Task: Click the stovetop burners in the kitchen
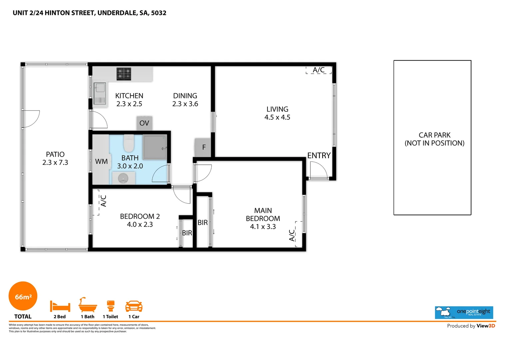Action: (x=124, y=74)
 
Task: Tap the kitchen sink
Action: (x=100, y=88)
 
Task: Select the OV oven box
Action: (x=144, y=123)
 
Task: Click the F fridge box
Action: (x=204, y=147)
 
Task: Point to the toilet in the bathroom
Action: (x=129, y=143)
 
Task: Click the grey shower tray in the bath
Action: (x=155, y=147)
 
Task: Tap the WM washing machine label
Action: (x=101, y=162)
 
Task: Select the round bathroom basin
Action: (x=123, y=179)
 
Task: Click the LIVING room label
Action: (x=277, y=109)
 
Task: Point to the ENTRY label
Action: (x=319, y=156)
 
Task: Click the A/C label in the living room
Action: (x=318, y=70)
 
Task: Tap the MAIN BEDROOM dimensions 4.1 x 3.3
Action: (x=263, y=227)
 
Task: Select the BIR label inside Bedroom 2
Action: (x=187, y=233)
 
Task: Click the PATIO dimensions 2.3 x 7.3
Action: (x=55, y=163)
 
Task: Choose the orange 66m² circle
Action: (x=23, y=296)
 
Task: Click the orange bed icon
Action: (x=60, y=306)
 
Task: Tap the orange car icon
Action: (x=134, y=306)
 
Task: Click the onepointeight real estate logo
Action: (x=464, y=312)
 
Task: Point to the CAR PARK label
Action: (x=434, y=135)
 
